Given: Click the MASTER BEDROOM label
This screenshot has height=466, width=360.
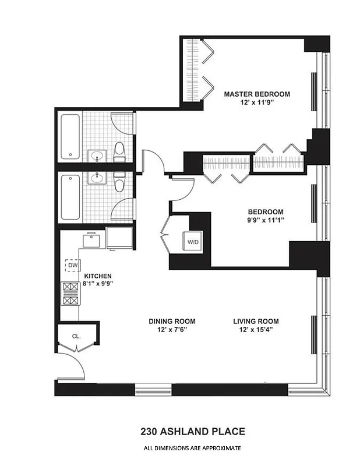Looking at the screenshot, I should (256, 94).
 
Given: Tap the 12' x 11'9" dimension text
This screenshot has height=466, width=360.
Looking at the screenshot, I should (256, 103).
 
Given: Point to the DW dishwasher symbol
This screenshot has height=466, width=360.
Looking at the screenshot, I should (72, 266).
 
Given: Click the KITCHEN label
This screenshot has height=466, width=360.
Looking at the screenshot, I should (97, 276).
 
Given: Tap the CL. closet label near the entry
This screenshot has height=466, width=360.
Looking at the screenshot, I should (76, 336).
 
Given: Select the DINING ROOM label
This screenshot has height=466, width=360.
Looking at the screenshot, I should (172, 321).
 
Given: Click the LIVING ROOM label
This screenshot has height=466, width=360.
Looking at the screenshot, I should (256, 321).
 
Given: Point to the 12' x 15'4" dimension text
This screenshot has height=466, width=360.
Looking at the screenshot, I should (256, 330).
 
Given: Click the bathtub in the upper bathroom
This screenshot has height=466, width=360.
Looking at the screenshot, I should (70, 136).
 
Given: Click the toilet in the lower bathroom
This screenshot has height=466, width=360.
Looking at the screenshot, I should (120, 182).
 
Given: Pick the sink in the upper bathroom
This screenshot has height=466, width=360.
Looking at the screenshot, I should (96, 156).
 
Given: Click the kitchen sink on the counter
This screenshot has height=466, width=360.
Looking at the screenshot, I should (92, 239).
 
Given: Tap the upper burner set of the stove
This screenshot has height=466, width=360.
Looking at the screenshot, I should (70, 287).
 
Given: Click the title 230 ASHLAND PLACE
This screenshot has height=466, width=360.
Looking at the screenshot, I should (192, 432).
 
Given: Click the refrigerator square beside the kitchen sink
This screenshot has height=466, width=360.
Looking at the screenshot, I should (120, 238).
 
